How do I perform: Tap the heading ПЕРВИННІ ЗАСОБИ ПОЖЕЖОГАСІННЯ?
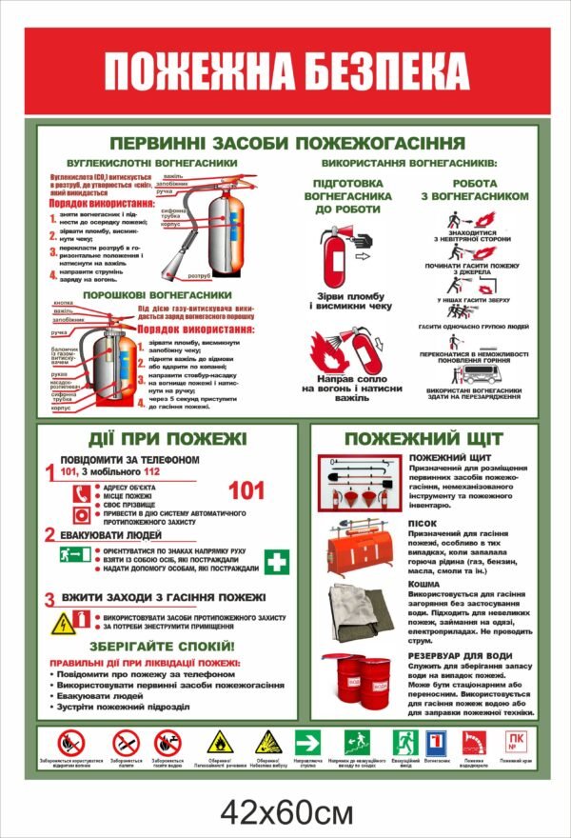click(286, 144)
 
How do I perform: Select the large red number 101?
click(246, 491)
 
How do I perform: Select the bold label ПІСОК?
click(423, 523)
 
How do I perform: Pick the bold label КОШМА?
click(425, 582)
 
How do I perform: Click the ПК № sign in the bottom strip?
click(515, 742)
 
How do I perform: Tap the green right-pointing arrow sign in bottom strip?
click(307, 742)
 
